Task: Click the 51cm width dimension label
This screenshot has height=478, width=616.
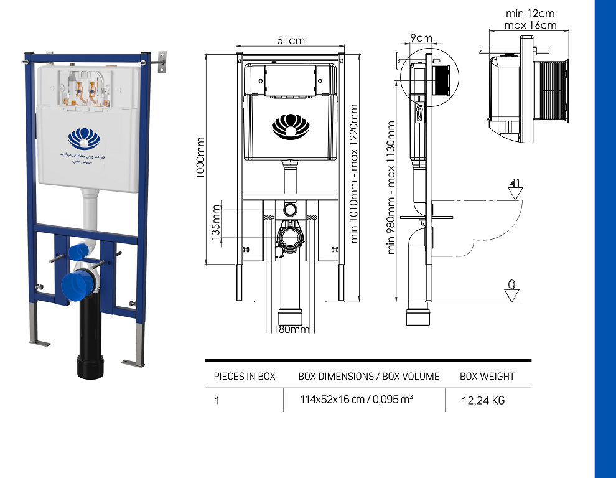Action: point(291,40)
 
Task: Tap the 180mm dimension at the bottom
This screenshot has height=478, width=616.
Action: point(291,329)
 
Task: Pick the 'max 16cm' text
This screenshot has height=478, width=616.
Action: point(530,25)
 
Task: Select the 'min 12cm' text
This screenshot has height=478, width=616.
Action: point(530,13)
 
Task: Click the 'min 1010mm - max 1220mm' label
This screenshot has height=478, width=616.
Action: point(355,173)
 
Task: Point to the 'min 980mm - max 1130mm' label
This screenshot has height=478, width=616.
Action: point(392,187)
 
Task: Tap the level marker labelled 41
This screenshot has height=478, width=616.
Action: point(515,189)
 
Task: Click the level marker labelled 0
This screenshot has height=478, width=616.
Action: point(512,290)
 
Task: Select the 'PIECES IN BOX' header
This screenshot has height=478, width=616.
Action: point(245,377)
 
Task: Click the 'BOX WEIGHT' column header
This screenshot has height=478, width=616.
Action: point(487,377)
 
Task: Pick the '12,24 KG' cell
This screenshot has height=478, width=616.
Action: point(483,401)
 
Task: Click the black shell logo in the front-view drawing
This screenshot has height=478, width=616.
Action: point(290,126)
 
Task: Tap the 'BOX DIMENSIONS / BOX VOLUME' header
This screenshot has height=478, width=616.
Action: point(369,377)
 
